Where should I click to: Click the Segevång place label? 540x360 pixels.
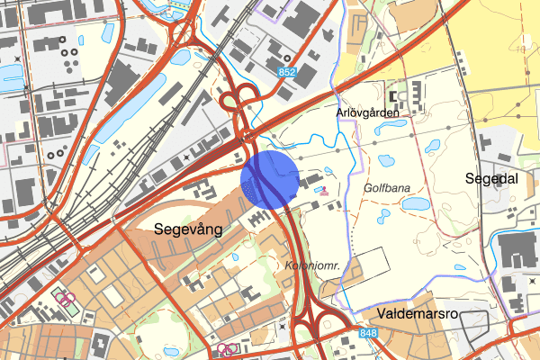[x=188, y=229]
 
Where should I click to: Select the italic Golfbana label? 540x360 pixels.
[x=388, y=190]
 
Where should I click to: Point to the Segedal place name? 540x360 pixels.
[x=491, y=178]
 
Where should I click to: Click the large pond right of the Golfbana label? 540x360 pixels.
[x=416, y=204]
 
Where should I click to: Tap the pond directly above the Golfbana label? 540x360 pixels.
[x=387, y=162]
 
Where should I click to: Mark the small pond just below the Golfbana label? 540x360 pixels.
[x=383, y=216]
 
